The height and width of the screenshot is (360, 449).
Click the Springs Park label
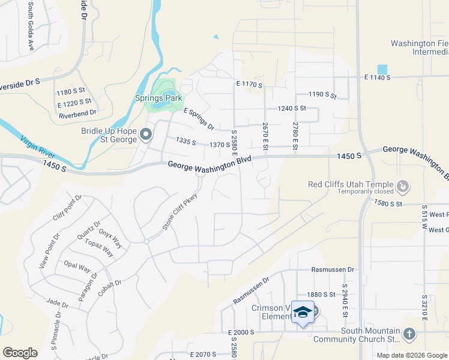click(158, 97)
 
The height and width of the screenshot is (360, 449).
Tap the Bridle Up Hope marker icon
click(146, 136)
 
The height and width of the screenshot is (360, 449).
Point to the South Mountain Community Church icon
click(409, 334)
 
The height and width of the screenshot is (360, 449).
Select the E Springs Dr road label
click(199, 119)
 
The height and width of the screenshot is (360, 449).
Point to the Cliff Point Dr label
click(67, 208)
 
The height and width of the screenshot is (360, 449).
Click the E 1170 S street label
click(249, 85)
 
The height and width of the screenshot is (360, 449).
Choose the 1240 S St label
click(292, 109)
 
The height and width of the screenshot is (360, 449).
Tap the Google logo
click(20, 353)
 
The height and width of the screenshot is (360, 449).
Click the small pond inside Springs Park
click(160, 105)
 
